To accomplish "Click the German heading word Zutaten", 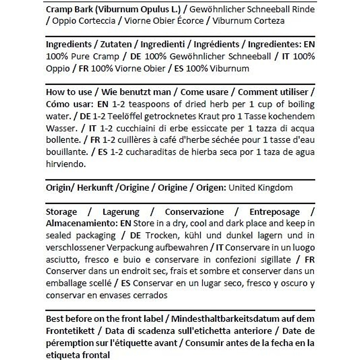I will [116, 44].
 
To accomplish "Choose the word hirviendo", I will [66, 164].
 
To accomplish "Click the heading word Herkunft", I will [95, 188].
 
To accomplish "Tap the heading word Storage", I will [61, 212].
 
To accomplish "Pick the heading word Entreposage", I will [274, 212].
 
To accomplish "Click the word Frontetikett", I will [70, 331].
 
